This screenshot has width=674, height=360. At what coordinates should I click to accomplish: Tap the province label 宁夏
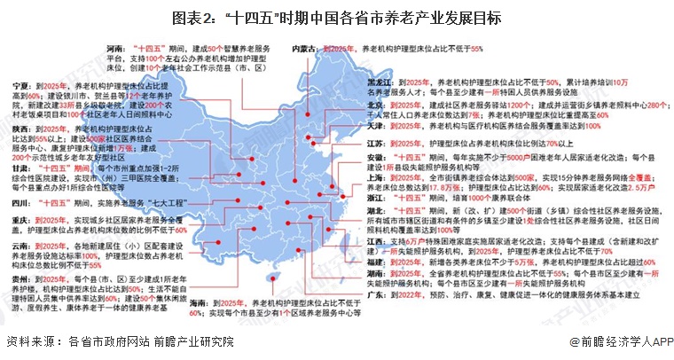tap(19, 83)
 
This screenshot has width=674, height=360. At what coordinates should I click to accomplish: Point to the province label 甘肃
tap(19, 166)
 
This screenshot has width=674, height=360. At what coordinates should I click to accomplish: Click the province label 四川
tap(19, 203)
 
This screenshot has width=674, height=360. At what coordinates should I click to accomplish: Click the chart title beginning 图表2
tap(337, 17)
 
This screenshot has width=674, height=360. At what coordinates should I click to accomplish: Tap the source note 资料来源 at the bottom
tap(120, 342)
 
